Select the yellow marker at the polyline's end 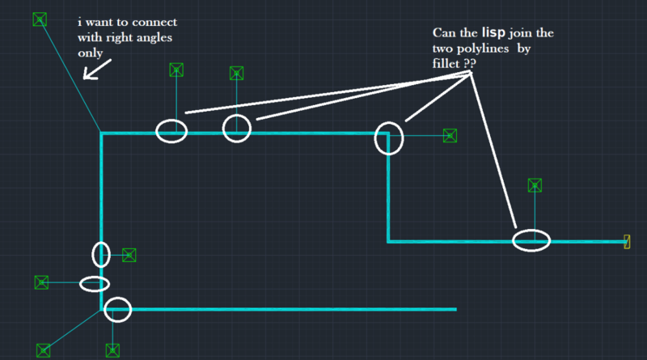click(x=627, y=241)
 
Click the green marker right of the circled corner click(x=450, y=136)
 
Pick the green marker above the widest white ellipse click(x=535, y=185)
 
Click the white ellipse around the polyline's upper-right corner click(x=388, y=138)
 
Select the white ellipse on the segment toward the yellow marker click(x=531, y=240)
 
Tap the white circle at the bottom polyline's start click(x=117, y=309)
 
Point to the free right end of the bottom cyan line click(x=456, y=309)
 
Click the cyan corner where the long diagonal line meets click(x=102, y=133)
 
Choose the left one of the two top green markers click(x=175, y=70)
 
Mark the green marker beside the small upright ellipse click(x=129, y=255)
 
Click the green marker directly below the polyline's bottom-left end click(x=112, y=350)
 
